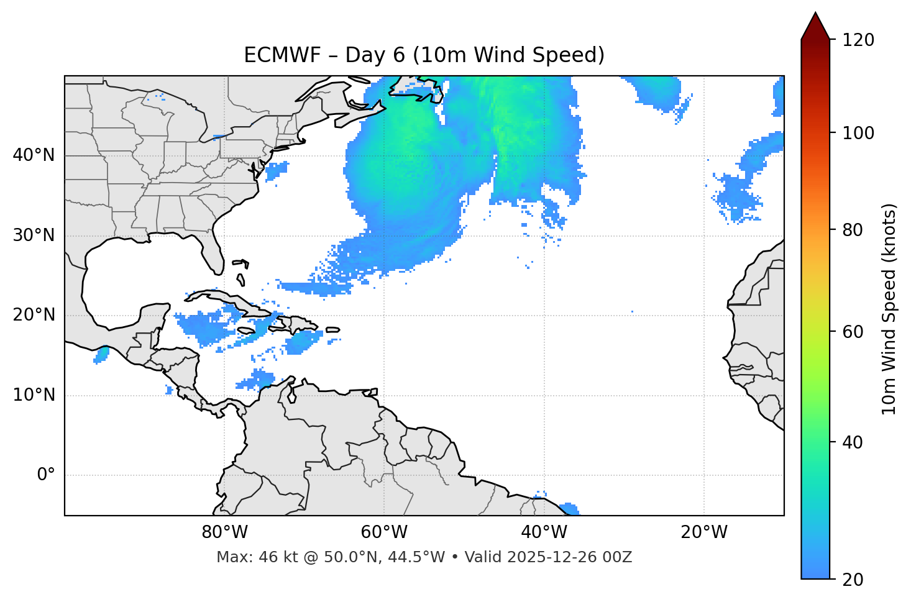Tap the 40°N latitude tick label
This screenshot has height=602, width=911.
click(34, 155)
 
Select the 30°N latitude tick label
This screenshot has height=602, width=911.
click(34, 235)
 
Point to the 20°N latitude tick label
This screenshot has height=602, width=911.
click(34, 315)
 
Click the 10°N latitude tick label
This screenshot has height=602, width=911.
click(34, 395)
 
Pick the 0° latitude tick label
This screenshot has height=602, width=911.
click(46, 475)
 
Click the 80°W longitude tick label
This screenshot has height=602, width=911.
click(224, 532)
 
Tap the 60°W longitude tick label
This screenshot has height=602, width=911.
click(384, 532)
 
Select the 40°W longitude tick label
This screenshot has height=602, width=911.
click(544, 532)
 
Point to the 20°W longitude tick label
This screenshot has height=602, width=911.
click(703, 532)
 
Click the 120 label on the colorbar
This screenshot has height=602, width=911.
click(858, 40)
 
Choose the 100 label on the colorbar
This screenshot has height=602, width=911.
click(858, 133)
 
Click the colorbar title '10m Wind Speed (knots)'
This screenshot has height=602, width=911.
click(889, 309)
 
